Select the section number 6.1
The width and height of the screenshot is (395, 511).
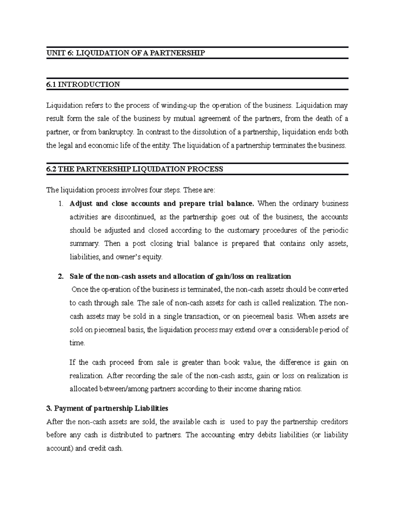[x=51, y=85]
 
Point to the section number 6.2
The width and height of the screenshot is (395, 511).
[x=52, y=169]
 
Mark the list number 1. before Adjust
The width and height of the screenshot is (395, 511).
[x=60, y=204]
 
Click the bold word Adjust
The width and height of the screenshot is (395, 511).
[x=81, y=204]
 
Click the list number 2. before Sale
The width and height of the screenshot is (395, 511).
[x=60, y=276]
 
